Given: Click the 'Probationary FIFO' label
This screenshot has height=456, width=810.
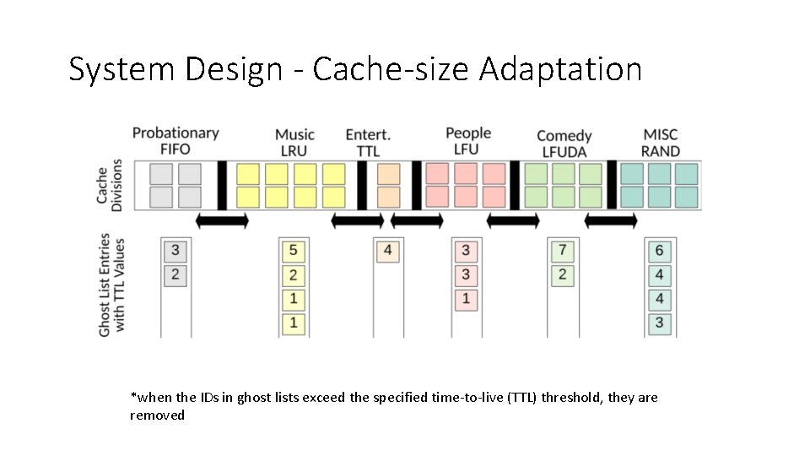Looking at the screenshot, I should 175,140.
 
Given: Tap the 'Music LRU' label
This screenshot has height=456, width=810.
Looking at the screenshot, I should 294,142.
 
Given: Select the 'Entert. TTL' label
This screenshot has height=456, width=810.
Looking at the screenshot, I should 368,142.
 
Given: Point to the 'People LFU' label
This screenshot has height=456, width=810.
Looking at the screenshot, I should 467,140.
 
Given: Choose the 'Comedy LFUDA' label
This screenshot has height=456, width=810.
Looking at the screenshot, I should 564,143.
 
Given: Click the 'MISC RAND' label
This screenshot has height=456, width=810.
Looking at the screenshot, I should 661,142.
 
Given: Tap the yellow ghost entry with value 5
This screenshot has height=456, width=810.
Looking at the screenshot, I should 293,250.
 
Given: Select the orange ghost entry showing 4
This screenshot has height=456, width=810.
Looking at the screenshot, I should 387,250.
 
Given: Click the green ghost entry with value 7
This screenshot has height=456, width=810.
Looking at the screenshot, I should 562,250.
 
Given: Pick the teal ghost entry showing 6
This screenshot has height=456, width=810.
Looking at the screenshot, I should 659,250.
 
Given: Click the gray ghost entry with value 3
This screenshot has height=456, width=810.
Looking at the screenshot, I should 175,250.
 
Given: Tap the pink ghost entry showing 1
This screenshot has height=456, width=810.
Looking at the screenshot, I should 465,298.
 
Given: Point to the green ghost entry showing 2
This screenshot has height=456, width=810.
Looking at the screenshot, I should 562,274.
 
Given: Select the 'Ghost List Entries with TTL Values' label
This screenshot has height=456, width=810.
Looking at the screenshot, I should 111,285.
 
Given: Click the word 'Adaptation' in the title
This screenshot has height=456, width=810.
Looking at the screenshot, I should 560,69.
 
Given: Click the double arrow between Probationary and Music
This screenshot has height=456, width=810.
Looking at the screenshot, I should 222,220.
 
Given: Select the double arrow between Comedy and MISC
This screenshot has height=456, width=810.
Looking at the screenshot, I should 611,220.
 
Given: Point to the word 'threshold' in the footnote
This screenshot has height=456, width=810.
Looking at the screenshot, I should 571,397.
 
